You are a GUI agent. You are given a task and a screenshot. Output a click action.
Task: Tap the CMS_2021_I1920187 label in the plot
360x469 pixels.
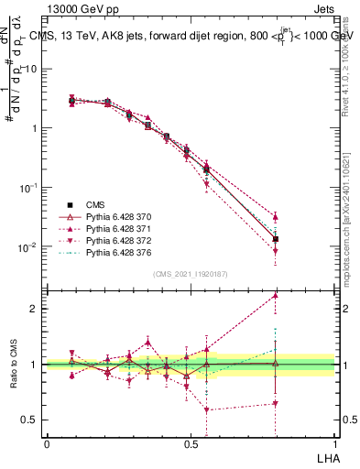click(191, 274)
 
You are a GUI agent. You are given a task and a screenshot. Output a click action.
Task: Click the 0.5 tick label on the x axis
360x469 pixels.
click(191, 442)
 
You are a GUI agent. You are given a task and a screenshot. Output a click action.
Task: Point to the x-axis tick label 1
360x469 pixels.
click(334, 442)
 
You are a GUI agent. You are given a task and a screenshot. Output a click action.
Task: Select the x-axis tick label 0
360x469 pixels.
click(47, 442)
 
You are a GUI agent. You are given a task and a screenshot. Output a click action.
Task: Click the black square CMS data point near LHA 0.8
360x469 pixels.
click(276, 239)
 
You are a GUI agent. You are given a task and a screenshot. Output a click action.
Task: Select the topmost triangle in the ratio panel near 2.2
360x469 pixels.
click(276, 296)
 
